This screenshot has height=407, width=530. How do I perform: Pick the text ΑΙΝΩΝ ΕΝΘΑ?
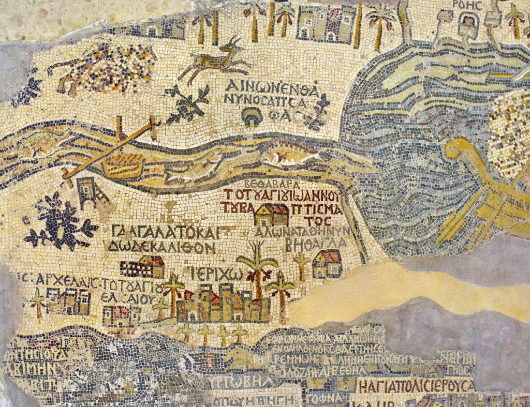(270, 86)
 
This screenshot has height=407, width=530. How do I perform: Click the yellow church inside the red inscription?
(271, 215)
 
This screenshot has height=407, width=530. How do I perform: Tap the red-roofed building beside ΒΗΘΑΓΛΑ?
(327, 263)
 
